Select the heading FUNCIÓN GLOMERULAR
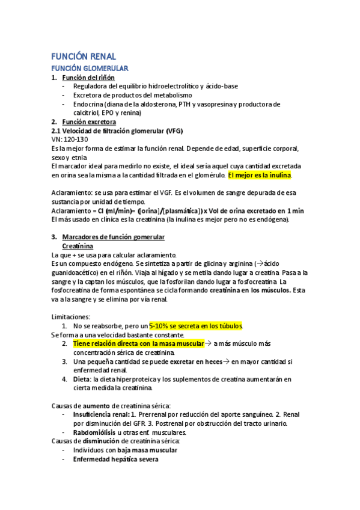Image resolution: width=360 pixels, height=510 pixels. pos(90,69)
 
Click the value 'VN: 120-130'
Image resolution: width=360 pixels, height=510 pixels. pos(70,140)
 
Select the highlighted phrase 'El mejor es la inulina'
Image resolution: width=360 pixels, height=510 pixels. pos(259,175)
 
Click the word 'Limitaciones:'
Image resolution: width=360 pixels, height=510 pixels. pos(71,317)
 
